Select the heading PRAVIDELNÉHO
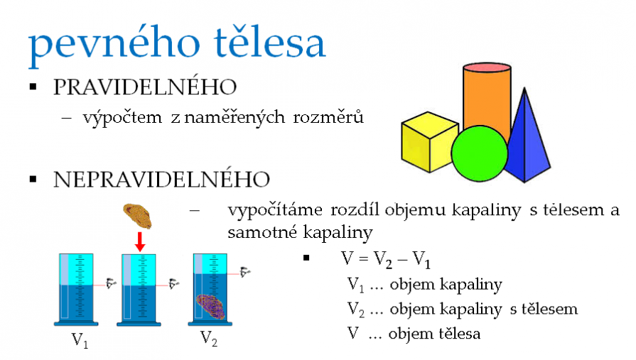point(145,87)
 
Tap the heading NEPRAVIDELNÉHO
point(161,179)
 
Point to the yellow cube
point(428,142)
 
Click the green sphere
point(480,153)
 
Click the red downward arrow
point(140,241)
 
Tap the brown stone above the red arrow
point(137,216)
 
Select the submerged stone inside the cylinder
point(211,306)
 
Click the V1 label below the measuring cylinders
point(80,339)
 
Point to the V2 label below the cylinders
point(209,339)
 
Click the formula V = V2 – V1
point(385,259)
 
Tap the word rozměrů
point(328,117)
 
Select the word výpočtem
point(122,119)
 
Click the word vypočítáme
point(275,211)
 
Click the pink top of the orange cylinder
point(487,67)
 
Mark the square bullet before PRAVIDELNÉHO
point(33,87)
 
